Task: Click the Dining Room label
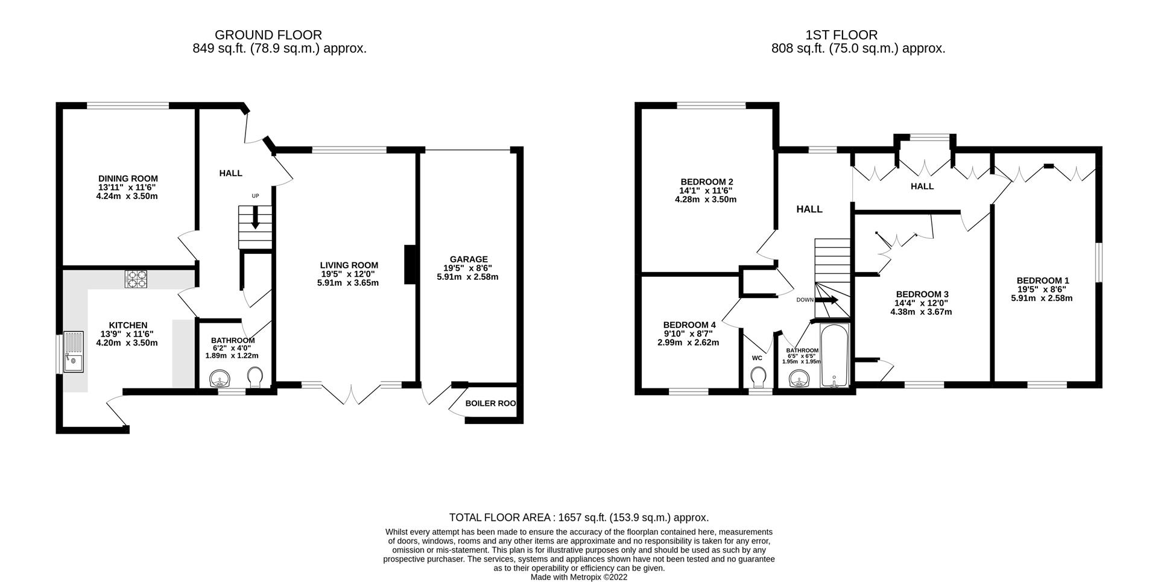[128, 179]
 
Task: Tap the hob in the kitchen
[136, 279]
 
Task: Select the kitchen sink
[74, 353]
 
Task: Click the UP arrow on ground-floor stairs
[255, 218]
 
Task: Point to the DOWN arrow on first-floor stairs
[827, 300]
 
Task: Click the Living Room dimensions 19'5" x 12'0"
[349, 274]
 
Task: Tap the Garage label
[468, 259]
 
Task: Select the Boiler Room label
[490, 403]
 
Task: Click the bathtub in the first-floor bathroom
[835, 356]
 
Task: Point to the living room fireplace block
[410, 264]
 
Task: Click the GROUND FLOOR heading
[268, 35]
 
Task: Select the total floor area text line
[578, 517]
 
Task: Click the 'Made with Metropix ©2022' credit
[578, 577]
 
